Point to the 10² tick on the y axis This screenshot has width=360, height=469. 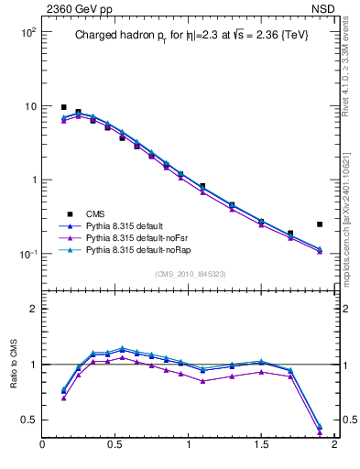coord(27,32)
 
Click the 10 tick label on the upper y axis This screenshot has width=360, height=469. coord(28,106)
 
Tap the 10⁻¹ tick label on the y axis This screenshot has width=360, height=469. coord(27,254)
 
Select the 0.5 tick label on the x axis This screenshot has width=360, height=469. coord(115,445)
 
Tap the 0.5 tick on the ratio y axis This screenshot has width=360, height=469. coord(29,420)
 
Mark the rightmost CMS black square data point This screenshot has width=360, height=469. coord(320,224)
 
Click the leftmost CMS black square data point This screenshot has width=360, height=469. coord(64,107)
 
